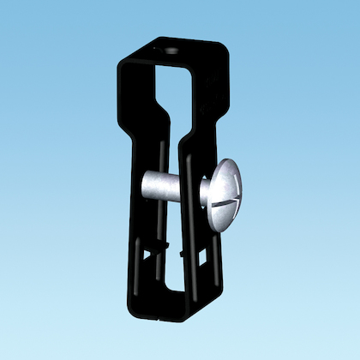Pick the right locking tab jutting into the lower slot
pos(183,255)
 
